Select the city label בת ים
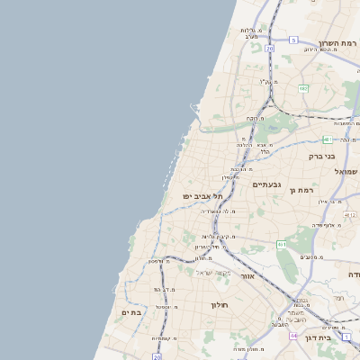click(131, 311)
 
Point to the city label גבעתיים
click(266, 184)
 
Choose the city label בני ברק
click(343, 155)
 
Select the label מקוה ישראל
click(214, 273)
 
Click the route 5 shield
click(293, 40)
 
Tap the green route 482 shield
click(303, 88)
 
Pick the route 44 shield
click(293, 335)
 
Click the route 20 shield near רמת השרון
click(269, 49)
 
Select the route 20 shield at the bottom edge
click(144, 355)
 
